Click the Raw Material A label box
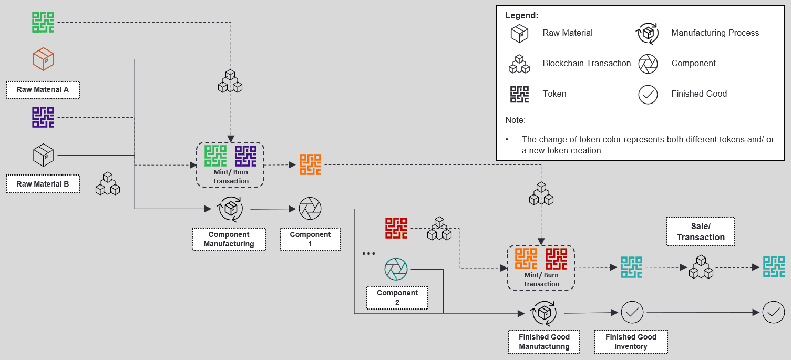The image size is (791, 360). [x=43, y=89]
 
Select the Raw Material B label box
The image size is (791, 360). [x=43, y=184]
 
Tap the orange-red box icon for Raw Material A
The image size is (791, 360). [x=43, y=59]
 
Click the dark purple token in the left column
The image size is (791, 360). [x=43, y=117]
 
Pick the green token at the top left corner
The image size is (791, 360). [x=43, y=22]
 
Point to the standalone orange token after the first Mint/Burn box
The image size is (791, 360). [x=310, y=164]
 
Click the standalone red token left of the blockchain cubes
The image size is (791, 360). [x=396, y=228]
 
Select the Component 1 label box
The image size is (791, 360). [x=310, y=239]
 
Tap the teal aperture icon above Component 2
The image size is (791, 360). [x=396, y=269]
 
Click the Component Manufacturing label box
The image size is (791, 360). [x=229, y=239]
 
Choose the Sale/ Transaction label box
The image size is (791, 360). [x=701, y=232]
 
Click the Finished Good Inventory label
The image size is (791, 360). [x=631, y=342]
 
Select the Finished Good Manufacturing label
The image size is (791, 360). [x=544, y=342]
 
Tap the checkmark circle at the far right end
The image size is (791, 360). [x=773, y=312]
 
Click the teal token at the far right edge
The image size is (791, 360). [x=774, y=267]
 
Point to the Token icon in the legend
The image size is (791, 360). [x=520, y=94]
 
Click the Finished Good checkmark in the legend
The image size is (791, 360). [x=648, y=94]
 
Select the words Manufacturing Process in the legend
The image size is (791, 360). [x=715, y=33]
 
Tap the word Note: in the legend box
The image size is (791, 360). [x=515, y=120]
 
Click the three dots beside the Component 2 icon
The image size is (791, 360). [x=369, y=254]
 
